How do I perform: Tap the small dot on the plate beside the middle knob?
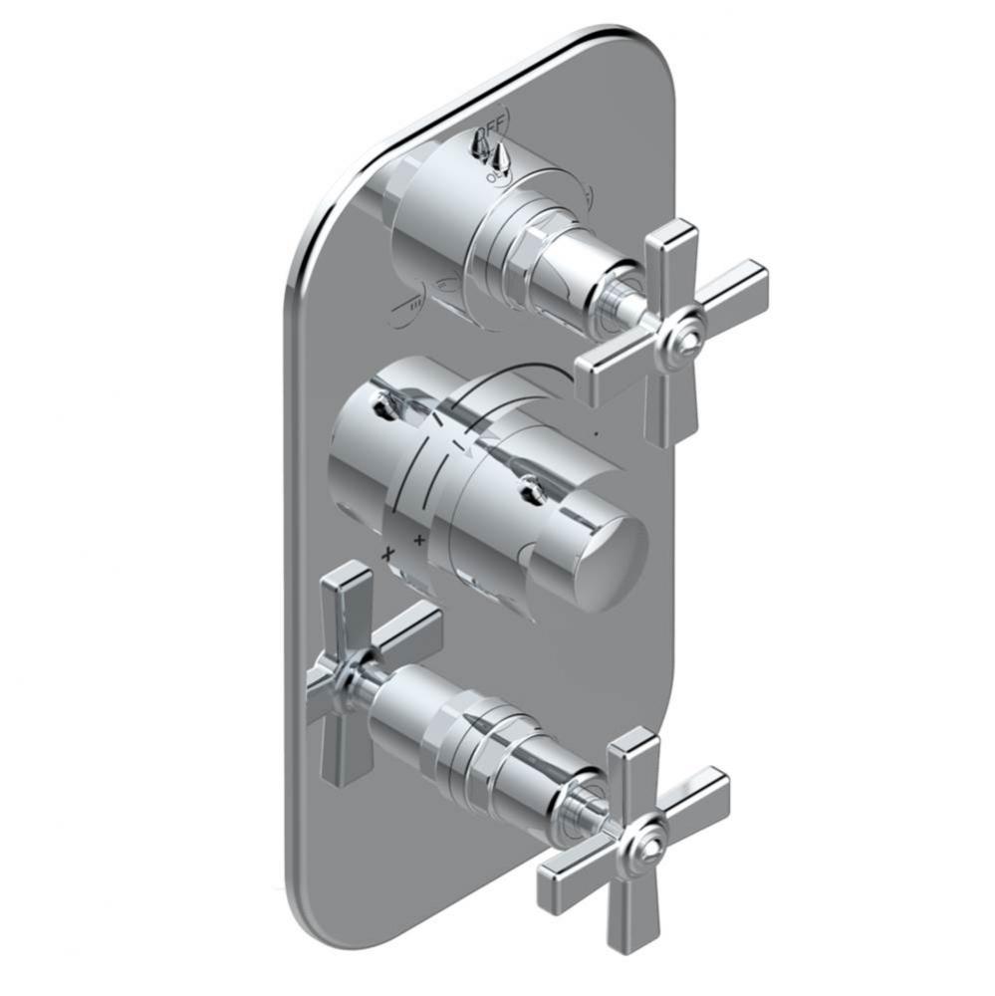pyautogui.click(x=595, y=434)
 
